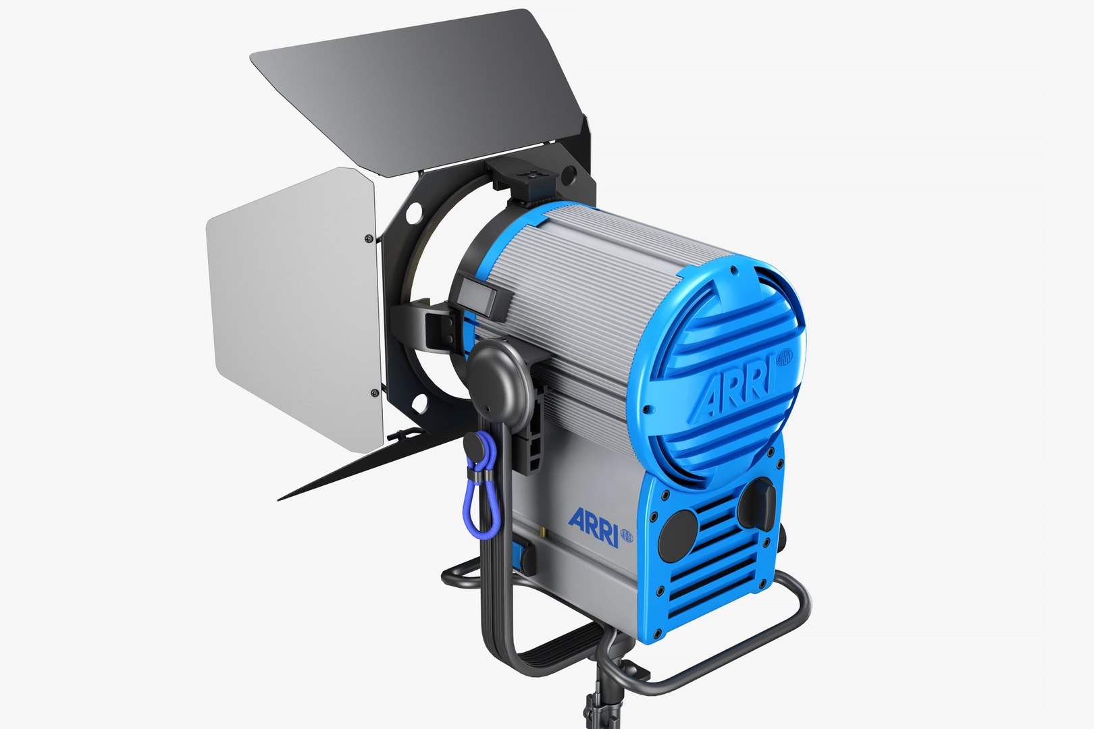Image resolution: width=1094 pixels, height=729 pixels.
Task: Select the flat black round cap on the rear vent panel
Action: click(678, 535)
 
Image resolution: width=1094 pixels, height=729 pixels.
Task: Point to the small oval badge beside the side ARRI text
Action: click(626, 536)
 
